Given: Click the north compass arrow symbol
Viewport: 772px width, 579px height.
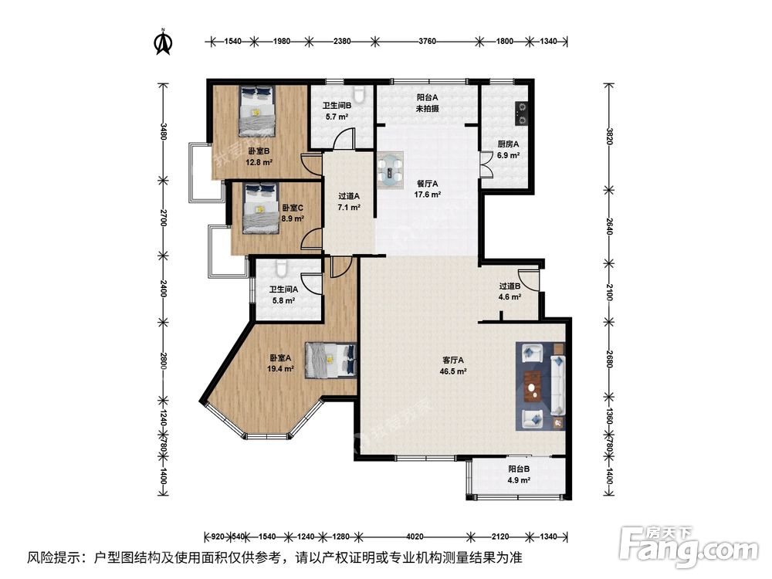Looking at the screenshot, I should click(163, 42).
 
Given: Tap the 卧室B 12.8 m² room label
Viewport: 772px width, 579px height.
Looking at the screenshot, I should click(258, 157).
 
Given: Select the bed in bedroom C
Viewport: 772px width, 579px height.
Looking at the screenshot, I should click(258, 208).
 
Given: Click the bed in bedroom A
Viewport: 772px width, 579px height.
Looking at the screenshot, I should click(330, 360).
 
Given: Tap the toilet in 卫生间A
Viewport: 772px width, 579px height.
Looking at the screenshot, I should click(280, 270).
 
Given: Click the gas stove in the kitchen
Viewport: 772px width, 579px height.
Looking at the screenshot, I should click(522, 113).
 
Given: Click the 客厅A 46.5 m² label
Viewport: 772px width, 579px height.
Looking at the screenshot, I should click(452, 365).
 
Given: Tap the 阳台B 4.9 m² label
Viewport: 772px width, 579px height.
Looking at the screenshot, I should click(519, 474).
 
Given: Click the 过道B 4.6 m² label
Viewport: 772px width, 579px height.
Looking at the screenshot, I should click(510, 291).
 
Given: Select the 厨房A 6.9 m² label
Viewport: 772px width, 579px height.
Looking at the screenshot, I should click(507, 149).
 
